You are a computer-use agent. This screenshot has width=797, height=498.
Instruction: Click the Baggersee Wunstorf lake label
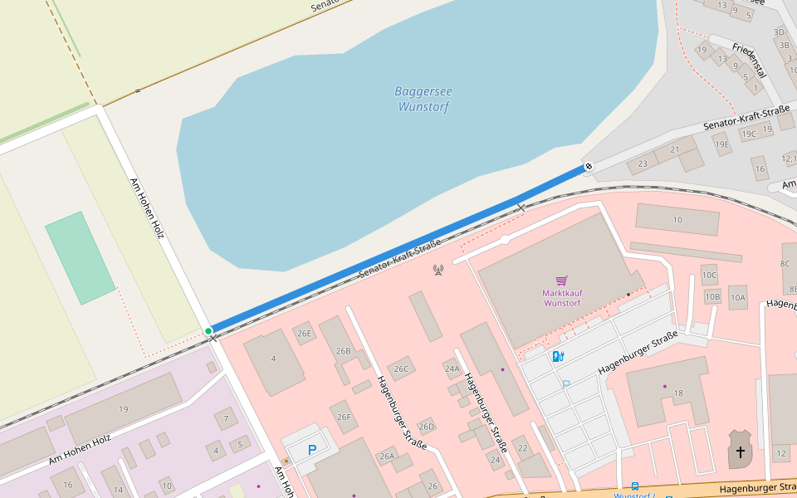click(423, 99)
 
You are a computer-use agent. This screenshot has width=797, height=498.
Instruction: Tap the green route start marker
click(208, 331)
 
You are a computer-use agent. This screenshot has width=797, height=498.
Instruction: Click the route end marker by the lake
click(588, 167)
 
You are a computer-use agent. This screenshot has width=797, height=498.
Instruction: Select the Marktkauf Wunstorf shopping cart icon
click(561, 281)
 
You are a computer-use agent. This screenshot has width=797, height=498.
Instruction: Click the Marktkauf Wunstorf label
click(561, 298)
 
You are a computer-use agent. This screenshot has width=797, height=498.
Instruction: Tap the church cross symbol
click(740, 452)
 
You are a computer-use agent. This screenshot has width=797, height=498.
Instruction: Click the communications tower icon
click(438, 270)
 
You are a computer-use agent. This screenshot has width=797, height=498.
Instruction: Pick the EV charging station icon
click(559, 356)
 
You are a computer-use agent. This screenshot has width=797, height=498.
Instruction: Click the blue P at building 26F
click(312, 450)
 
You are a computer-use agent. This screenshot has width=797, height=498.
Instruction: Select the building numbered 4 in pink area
click(273, 359)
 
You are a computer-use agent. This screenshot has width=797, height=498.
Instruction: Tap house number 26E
click(305, 334)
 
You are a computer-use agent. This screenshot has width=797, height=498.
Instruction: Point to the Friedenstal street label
click(749, 59)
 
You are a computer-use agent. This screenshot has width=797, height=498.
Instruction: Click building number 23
click(642, 164)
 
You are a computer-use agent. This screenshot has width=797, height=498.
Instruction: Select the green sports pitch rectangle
click(80, 257)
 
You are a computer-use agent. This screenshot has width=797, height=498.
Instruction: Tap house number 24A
click(452, 369)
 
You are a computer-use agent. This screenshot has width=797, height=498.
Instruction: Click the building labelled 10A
click(737, 297)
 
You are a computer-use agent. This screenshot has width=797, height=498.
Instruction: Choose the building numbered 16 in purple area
click(68, 484)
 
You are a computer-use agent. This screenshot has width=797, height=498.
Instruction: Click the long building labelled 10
click(677, 219)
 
